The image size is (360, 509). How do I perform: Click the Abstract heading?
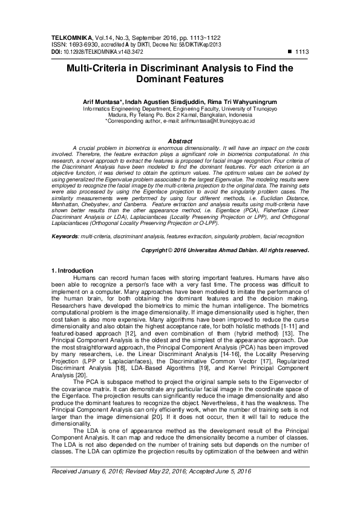[180, 141]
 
